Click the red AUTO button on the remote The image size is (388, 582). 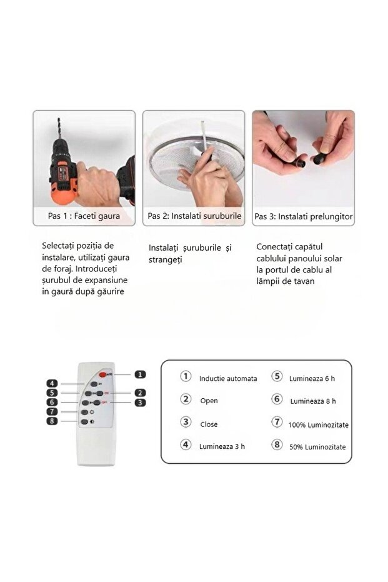102,374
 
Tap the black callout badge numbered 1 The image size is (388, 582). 140,374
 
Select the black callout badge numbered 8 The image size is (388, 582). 52,421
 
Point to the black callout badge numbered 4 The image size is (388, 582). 52,383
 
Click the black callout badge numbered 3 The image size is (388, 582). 140,403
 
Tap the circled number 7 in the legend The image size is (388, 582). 277,422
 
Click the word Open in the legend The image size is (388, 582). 209,401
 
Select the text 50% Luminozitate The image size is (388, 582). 317,447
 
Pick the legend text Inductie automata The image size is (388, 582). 228,379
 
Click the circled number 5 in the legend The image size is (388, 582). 277,376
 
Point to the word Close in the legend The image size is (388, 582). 209,424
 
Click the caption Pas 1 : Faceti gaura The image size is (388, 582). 84,216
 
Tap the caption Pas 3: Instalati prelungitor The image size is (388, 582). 304,216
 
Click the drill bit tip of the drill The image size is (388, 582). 59,119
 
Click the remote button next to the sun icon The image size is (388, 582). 84,412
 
